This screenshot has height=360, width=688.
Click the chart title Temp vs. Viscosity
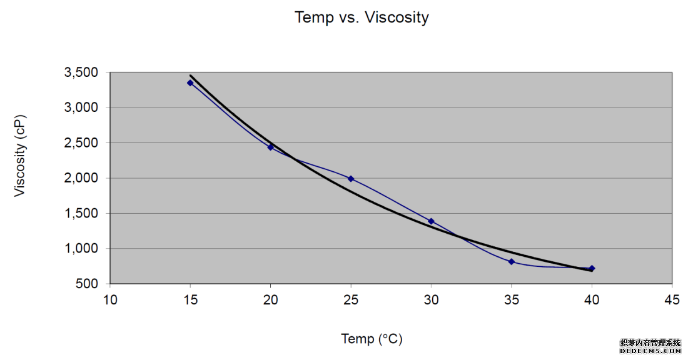point(362,17)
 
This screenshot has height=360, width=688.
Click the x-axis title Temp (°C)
point(372,339)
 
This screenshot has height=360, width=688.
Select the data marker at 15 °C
point(190,82)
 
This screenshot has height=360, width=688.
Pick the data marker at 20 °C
point(270,147)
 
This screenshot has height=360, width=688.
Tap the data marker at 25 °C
point(351,179)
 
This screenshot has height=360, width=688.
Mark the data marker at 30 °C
point(431,221)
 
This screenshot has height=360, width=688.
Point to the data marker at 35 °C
point(512,262)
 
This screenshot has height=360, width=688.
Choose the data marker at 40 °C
point(592,269)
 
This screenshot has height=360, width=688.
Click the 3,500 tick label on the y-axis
point(81,72)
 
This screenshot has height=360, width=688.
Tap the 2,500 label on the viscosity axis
point(81,143)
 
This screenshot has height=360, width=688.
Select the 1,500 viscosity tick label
point(81,214)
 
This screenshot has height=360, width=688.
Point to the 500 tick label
point(88,284)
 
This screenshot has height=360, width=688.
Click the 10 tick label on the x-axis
point(110,301)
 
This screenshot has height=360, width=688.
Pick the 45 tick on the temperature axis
point(672,301)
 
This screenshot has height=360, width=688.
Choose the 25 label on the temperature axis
point(351,301)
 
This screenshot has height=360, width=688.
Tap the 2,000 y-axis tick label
point(81,178)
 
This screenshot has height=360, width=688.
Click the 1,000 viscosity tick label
point(81,249)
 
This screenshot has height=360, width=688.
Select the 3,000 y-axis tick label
point(81,107)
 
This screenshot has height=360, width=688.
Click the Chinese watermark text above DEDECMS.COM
point(650,343)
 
